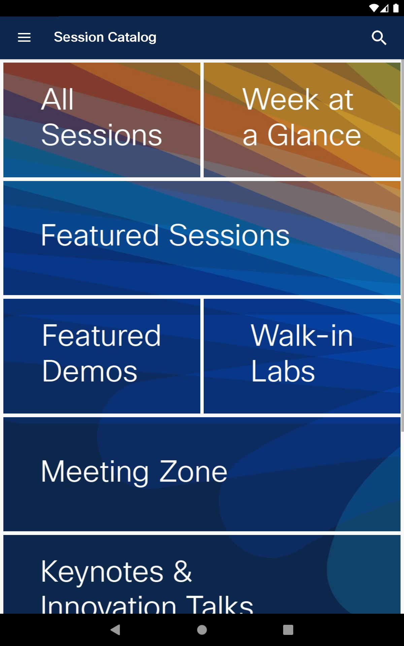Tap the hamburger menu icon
pyautogui.click(x=24, y=37)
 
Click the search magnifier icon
pyautogui.click(x=379, y=37)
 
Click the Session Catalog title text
pyautogui.click(x=105, y=37)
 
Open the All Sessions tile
pyautogui.click(x=102, y=120)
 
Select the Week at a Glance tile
pyautogui.click(x=302, y=120)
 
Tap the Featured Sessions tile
pyautogui.click(x=202, y=238)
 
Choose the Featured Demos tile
pyautogui.click(x=102, y=356)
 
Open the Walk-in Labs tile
pyautogui.click(x=302, y=356)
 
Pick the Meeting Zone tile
pyautogui.click(x=202, y=474)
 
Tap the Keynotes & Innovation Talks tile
pyautogui.click(x=202, y=574)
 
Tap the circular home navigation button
pyautogui.click(x=202, y=630)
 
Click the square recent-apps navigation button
pyautogui.click(x=288, y=630)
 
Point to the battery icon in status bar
pyautogui.click(x=396, y=8)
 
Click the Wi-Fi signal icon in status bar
pyautogui.click(x=374, y=8)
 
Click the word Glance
pyautogui.click(x=314, y=135)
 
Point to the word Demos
pyautogui.click(x=90, y=371)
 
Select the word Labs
pyautogui.click(x=283, y=371)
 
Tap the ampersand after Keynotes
pyautogui.click(x=182, y=571)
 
